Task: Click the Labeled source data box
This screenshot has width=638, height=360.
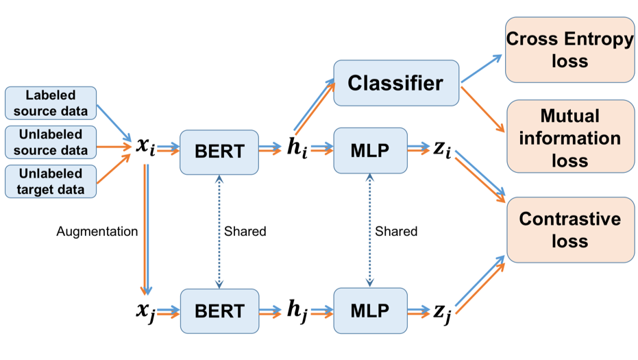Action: (x=51, y=103)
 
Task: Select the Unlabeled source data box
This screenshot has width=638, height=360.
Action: (x=51, y=142)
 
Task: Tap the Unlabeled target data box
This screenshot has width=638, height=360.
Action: (x=51, y=182)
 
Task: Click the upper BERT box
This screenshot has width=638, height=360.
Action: (x=219, y=152)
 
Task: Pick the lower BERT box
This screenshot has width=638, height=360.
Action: (x=220, y=311)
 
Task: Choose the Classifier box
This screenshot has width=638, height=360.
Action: (x=396, y=83)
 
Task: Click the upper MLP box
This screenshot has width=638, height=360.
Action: (x=370, y=151)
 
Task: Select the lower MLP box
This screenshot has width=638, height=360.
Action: (x=370, y=311)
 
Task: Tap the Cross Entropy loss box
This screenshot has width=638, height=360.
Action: (x=569, y=49)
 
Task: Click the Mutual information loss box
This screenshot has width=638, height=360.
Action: (x=570, y=136)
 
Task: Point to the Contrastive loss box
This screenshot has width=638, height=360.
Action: (x=570, y=230)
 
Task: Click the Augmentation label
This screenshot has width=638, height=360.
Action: (x=97, y=231)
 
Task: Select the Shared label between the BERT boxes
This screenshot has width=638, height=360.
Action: (x=245, y=231)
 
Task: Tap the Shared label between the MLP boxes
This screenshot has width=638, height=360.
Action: (x=396, y=231)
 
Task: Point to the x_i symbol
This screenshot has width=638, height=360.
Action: (x=146, y=146)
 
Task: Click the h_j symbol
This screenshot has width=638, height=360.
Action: (x=297, y=311)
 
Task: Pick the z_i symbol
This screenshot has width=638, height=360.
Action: (x=442, y=148)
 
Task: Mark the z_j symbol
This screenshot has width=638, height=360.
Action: (x=442, y=313)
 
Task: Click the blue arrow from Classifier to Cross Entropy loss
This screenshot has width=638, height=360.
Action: (x=481, y=69)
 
